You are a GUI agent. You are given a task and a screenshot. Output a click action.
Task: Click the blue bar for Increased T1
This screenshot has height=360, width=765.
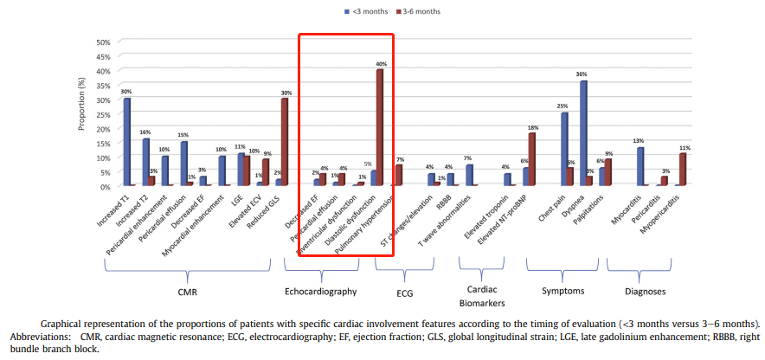click(127, 142)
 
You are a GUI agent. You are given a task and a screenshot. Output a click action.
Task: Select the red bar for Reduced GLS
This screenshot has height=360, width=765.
click(285, 142)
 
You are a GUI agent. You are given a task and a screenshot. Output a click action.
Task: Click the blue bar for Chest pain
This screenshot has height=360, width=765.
click(564, 149)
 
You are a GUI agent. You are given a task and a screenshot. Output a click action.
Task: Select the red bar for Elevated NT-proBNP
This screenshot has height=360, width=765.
click(532, 159)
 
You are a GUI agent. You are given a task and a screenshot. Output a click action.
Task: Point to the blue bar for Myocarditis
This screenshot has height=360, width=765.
click(640, 166)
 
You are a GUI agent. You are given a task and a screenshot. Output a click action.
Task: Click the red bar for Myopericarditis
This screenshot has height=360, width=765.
click(684, 170)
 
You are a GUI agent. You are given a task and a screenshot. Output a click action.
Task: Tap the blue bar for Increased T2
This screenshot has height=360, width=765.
click(146, 162)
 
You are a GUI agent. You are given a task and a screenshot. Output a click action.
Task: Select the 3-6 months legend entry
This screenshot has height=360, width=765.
click(418, 11)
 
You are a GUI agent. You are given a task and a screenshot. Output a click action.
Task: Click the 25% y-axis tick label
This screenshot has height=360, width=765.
click(102, 114)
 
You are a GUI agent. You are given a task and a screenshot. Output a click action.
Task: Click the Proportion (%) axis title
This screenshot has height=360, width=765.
click(83, 115)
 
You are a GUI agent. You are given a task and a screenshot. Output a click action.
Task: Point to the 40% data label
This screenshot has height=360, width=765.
click(381, 64)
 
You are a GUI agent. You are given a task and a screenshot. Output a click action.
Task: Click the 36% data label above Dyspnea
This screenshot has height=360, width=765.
click(582, 74)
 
